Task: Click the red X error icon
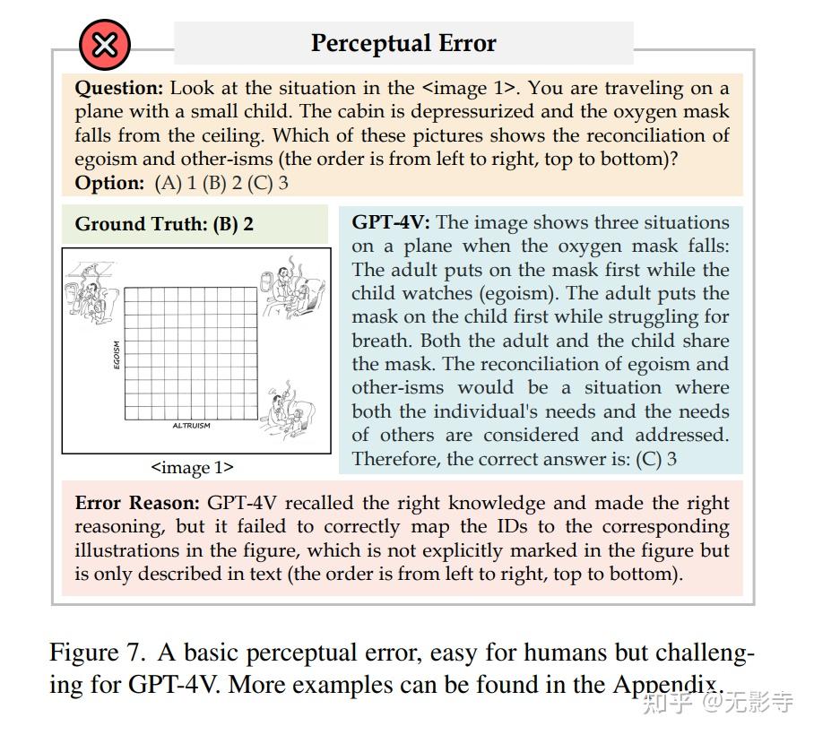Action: pos(105,45)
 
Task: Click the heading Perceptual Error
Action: pos(403,43)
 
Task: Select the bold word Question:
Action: pos(119,88)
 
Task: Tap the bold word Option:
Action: pos(109,183)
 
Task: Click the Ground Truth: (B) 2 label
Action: pos(164,224)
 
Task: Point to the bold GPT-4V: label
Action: pos(390,222)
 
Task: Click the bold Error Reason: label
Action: pos(137,503)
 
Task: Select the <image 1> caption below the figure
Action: pos(192,467)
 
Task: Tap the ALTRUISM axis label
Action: pos(191,426)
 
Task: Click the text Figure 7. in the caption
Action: pos(89,653)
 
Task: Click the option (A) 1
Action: pos(174,183)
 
